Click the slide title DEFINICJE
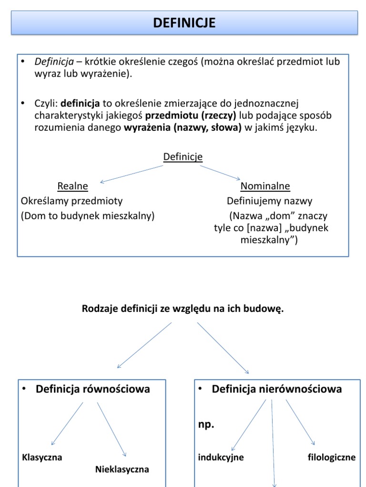[184, 22]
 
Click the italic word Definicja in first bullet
[54, 62]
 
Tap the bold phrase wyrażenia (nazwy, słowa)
[183, 127]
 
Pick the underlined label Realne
[72, 186]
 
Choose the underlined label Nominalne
[265, 186]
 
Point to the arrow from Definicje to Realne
[132, 174]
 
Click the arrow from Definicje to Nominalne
[220, 172]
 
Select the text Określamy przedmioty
[72, 201]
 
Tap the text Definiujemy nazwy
[269, 201]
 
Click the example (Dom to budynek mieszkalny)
[88, 215]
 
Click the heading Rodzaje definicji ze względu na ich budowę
[183, 309]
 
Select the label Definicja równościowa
[92, 389]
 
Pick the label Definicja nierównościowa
[276, 389]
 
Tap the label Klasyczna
[42, 458]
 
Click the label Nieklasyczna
[122, 469]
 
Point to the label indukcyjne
[221, 458]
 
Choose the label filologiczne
[332, 458]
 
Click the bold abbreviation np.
[206, 425]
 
